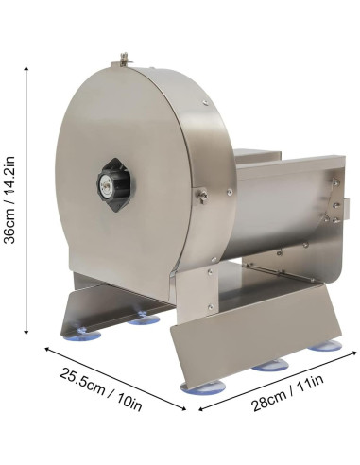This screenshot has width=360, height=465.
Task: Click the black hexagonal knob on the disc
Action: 116,185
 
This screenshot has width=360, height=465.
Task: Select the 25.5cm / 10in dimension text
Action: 101,388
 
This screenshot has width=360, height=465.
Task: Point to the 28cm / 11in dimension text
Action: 288,392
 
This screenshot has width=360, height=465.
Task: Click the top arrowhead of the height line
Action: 26,69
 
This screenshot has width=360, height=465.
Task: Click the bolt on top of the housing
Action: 126,59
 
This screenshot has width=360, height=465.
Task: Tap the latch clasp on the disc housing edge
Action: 202,196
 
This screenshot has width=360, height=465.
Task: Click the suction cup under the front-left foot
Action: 82,335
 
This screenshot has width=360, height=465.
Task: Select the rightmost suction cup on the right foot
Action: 325,346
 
